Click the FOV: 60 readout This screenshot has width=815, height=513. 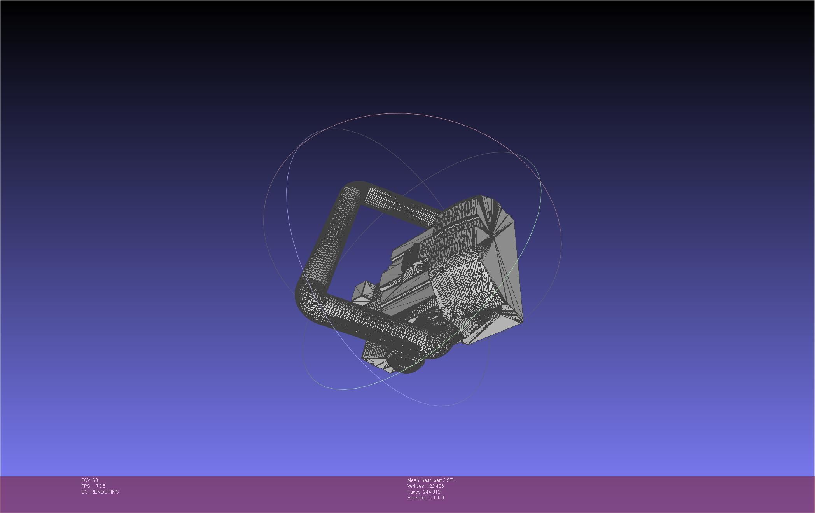(x=89, y=480)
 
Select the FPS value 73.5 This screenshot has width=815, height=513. (x=100, y=486)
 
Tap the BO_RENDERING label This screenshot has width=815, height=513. (x=100, y=492)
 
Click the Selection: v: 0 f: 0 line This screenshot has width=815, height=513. (x=425, y=498)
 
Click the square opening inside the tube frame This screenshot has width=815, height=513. (x=369, y=249)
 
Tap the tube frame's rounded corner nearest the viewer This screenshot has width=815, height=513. (x=309, y=299)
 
